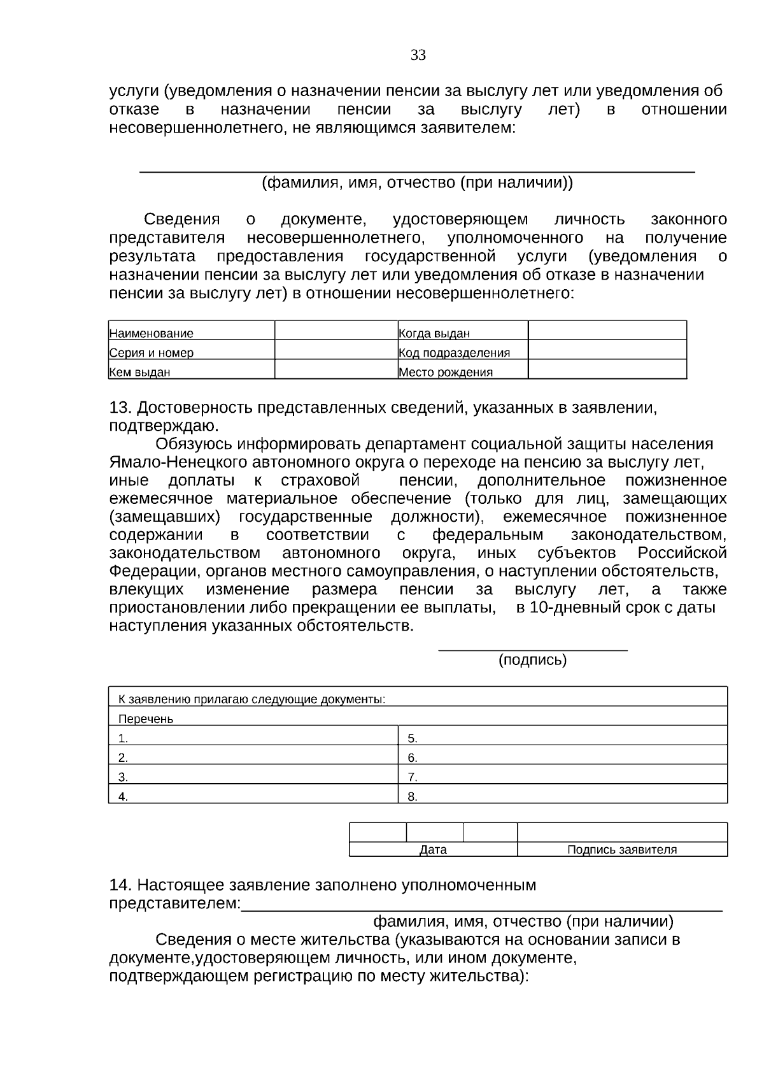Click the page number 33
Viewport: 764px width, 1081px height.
pos(418,55)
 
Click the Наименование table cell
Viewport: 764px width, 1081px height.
pos(152,333)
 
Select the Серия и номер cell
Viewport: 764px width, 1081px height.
pos(152,352)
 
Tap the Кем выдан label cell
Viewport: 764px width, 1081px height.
pos(140,372)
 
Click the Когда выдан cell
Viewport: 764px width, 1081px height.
pos(434,333)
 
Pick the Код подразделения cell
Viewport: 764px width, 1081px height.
pos(454,352)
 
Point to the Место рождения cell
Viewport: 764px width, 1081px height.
pos(446,372)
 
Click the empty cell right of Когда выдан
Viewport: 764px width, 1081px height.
pos(607,331)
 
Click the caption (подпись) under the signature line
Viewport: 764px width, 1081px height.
pos(532,660)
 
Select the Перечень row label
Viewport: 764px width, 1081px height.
pos(146,719)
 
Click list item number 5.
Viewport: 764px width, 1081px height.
pos(413,738)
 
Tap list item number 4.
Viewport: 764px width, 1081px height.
pos(124,796)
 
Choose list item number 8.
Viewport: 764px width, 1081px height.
pos(413,796)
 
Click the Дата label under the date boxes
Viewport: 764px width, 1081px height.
pos(433,850)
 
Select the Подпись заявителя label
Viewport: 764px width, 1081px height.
pos(622,850)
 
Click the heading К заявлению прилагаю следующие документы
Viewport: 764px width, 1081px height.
pos(251,699)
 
